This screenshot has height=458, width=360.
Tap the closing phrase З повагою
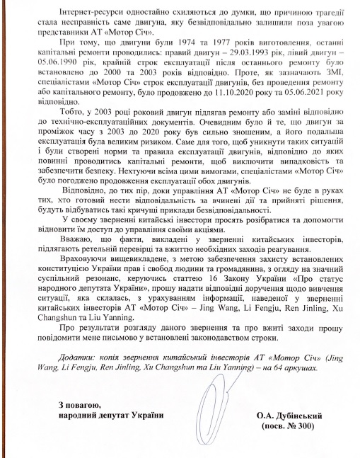pos(81,404)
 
